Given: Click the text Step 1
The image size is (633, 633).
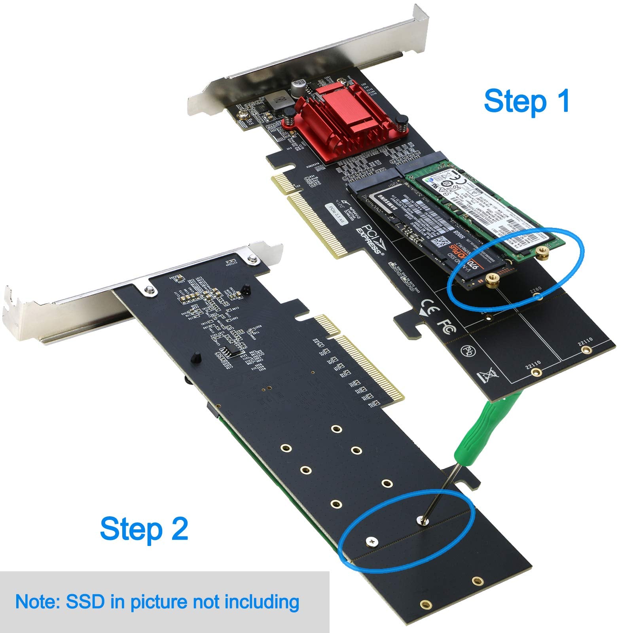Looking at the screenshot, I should [527, 101].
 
